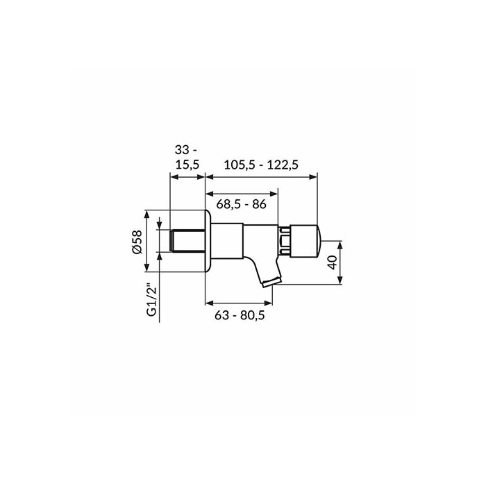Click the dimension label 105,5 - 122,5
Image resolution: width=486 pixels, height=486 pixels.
click(x=261, y=165)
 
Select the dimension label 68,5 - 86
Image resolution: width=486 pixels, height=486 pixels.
click(x=241, y=204)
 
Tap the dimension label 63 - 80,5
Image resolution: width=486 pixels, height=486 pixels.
click(x=240, y=315)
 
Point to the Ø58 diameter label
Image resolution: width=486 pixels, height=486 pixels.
click(x=137, y=242)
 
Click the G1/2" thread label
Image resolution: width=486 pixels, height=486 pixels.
click(x=152, y=299)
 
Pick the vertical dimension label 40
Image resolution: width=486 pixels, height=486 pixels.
click(x=332, y=262)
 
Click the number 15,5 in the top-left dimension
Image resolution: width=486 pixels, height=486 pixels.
click(x=187, y=165)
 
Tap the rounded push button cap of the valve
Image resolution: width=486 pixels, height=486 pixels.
click(x=306, y=241)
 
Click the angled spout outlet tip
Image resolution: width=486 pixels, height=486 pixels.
click(x=271, y=283)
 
